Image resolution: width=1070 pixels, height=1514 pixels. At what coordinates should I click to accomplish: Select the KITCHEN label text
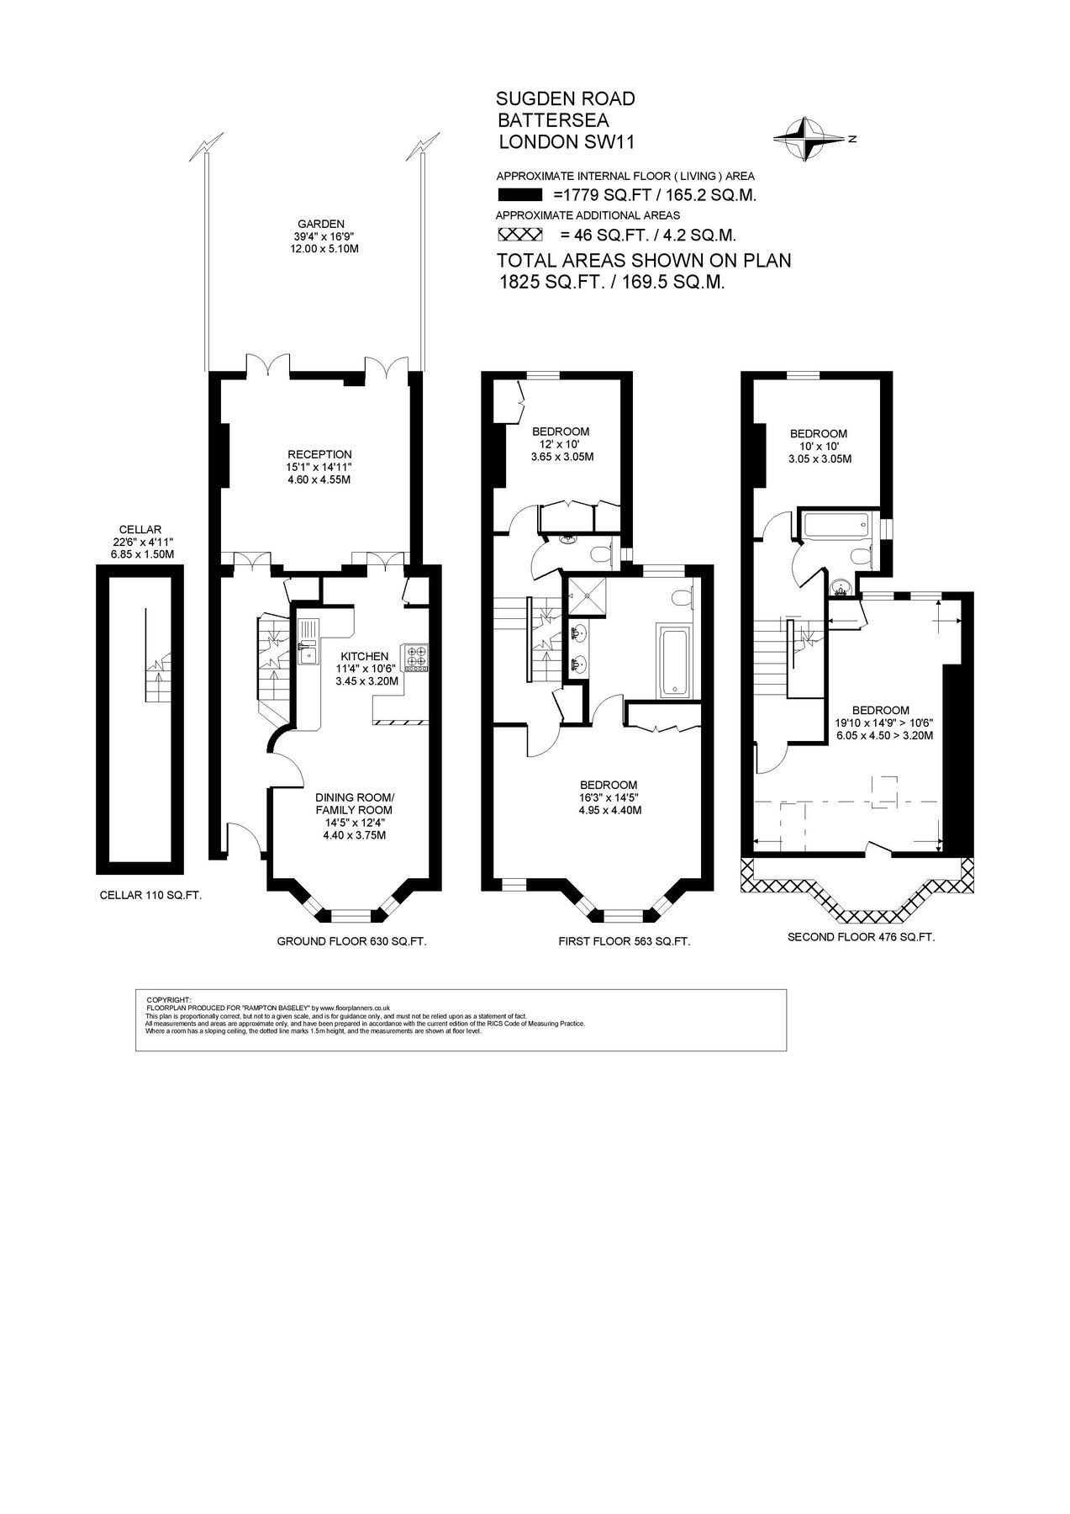point(364,656)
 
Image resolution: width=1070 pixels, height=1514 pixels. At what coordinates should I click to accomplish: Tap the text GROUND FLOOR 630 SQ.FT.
point(351,942)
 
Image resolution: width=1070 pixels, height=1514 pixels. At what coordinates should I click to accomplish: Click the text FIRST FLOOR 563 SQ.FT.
point(624,942)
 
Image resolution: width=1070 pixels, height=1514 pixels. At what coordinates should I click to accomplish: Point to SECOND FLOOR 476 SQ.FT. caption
point(861,937)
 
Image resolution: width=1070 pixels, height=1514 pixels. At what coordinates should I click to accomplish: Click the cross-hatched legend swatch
point(520,235)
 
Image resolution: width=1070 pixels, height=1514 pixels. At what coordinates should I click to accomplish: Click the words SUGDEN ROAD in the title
point(566,99)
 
